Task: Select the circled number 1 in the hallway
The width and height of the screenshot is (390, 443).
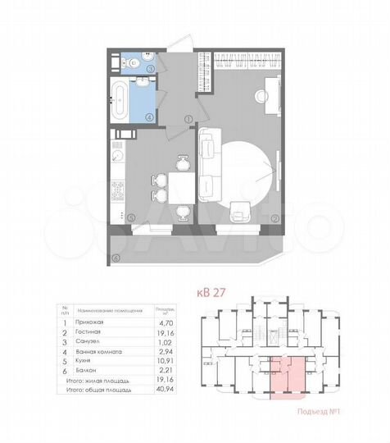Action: (188, 118)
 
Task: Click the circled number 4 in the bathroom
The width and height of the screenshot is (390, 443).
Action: (149, 116)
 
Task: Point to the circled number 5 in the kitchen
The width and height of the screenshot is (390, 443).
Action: (131, 217)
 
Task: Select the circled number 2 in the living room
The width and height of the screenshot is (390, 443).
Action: (274, 217)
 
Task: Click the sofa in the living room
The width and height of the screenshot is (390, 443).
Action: (210, 163)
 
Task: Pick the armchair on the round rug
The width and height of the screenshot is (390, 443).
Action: (239, 211)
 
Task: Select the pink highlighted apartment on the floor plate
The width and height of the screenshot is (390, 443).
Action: (280, 379)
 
